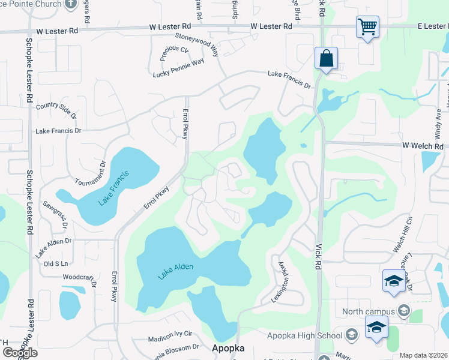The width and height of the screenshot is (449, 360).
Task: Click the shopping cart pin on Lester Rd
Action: (367, 27)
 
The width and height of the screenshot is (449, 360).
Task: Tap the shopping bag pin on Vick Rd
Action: (326, 59)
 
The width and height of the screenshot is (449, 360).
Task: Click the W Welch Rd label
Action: (423, 146)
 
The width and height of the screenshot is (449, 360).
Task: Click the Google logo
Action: (20, 352)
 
